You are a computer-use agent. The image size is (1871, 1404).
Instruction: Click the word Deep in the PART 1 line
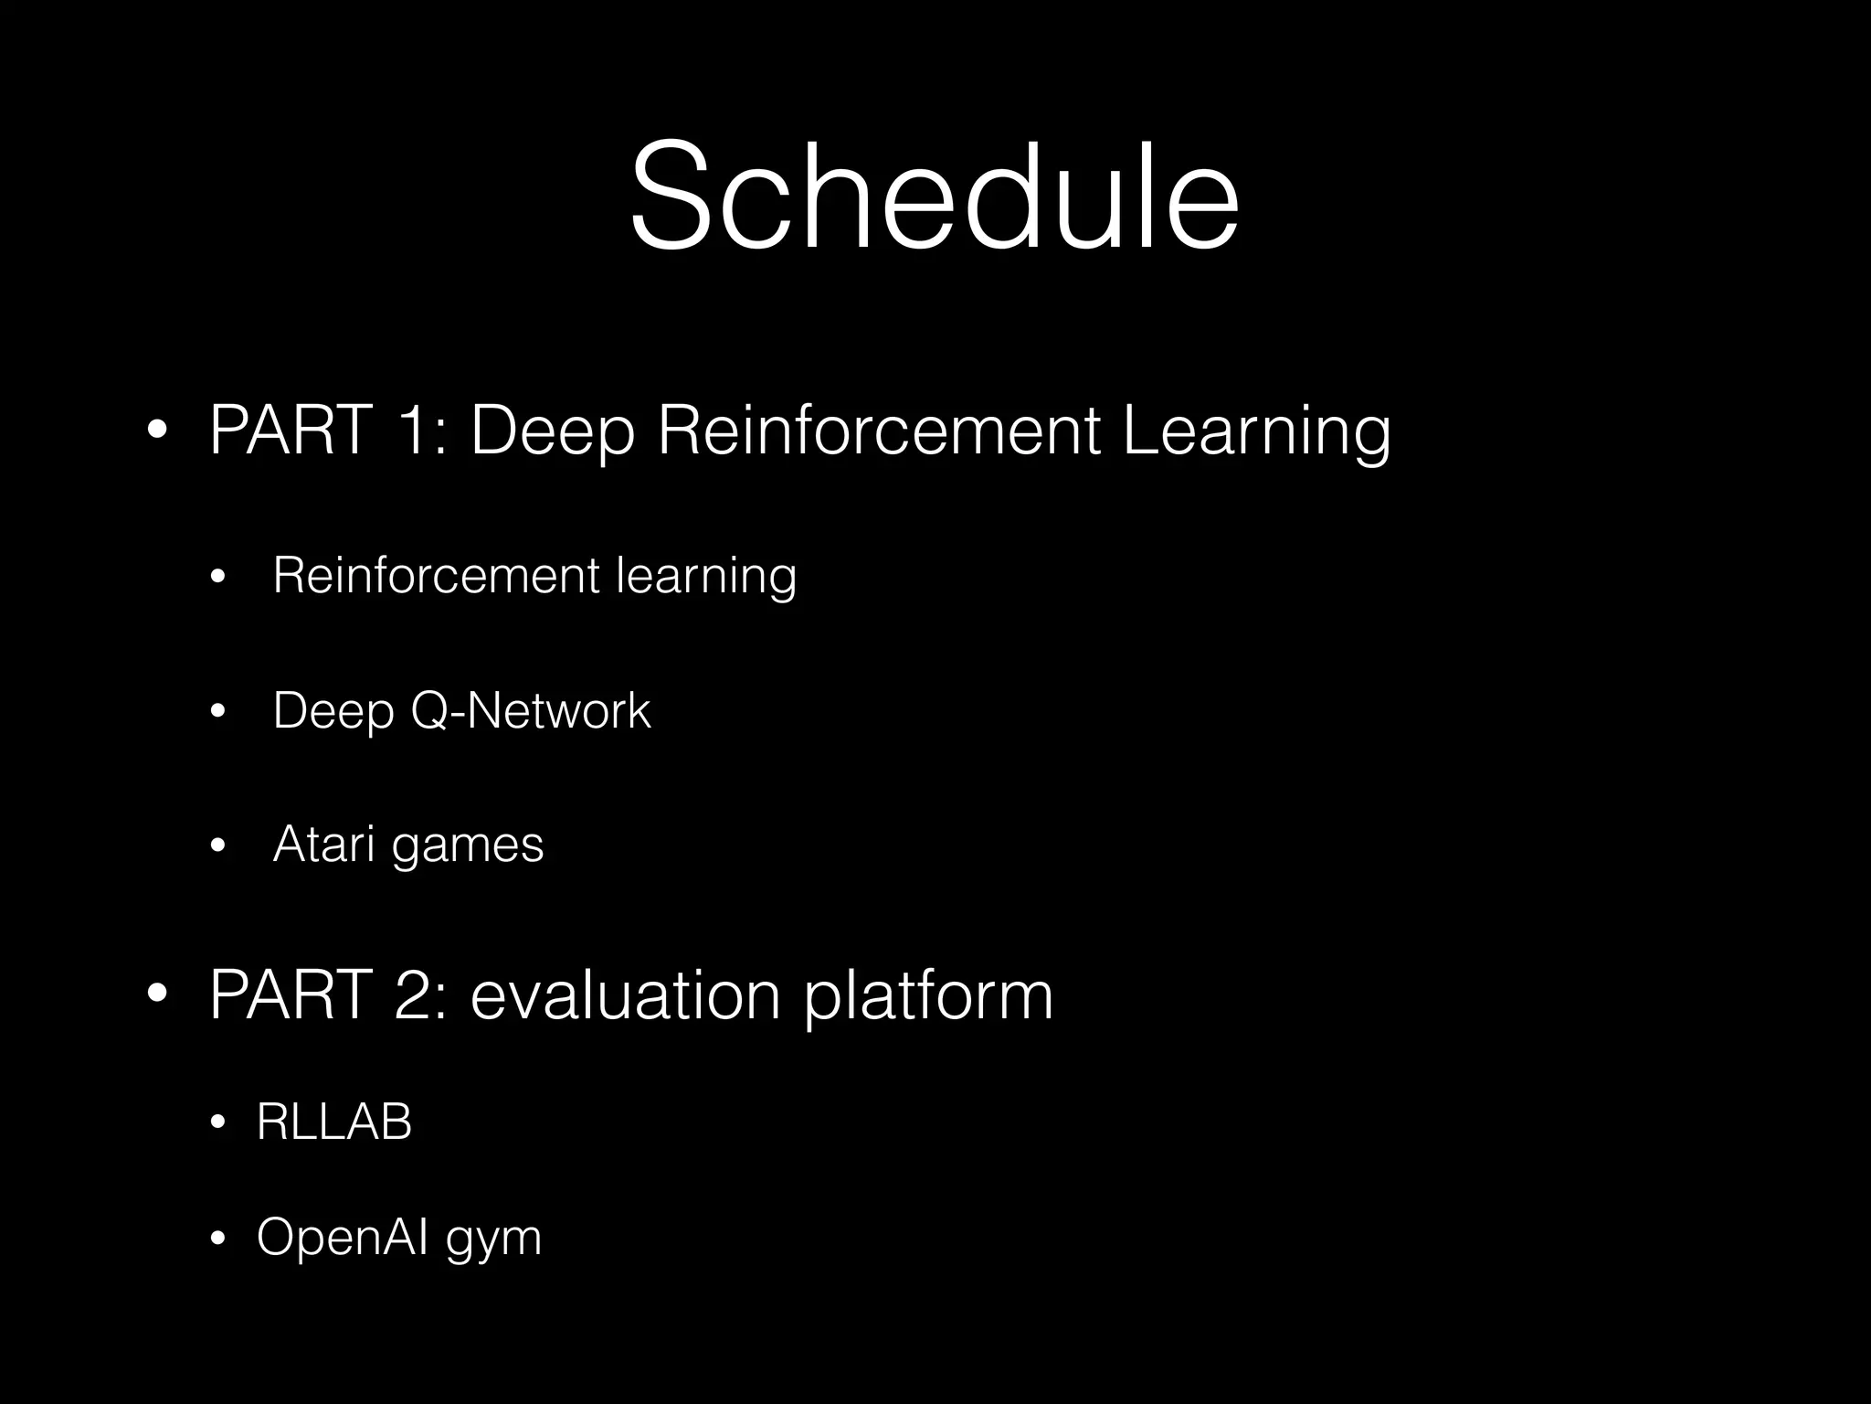[x=552, y=430]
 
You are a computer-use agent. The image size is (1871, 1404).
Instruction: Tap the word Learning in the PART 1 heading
[x=1255, y=430]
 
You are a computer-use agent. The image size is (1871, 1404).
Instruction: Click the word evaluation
[x=625, y=994]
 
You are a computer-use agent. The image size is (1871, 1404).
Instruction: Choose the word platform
[x=928, y=994]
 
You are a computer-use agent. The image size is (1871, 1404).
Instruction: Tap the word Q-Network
[x=530, y=710]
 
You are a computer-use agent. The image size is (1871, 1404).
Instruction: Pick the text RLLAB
[x=334, y=1122]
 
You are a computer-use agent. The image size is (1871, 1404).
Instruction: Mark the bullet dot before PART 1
[x=156, y=430]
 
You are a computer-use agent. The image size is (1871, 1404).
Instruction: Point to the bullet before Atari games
[x=217, y=846]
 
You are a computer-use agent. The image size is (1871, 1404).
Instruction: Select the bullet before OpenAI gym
[x=217, y=1239]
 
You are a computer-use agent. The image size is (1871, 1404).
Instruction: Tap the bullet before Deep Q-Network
[x=217, y=711]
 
